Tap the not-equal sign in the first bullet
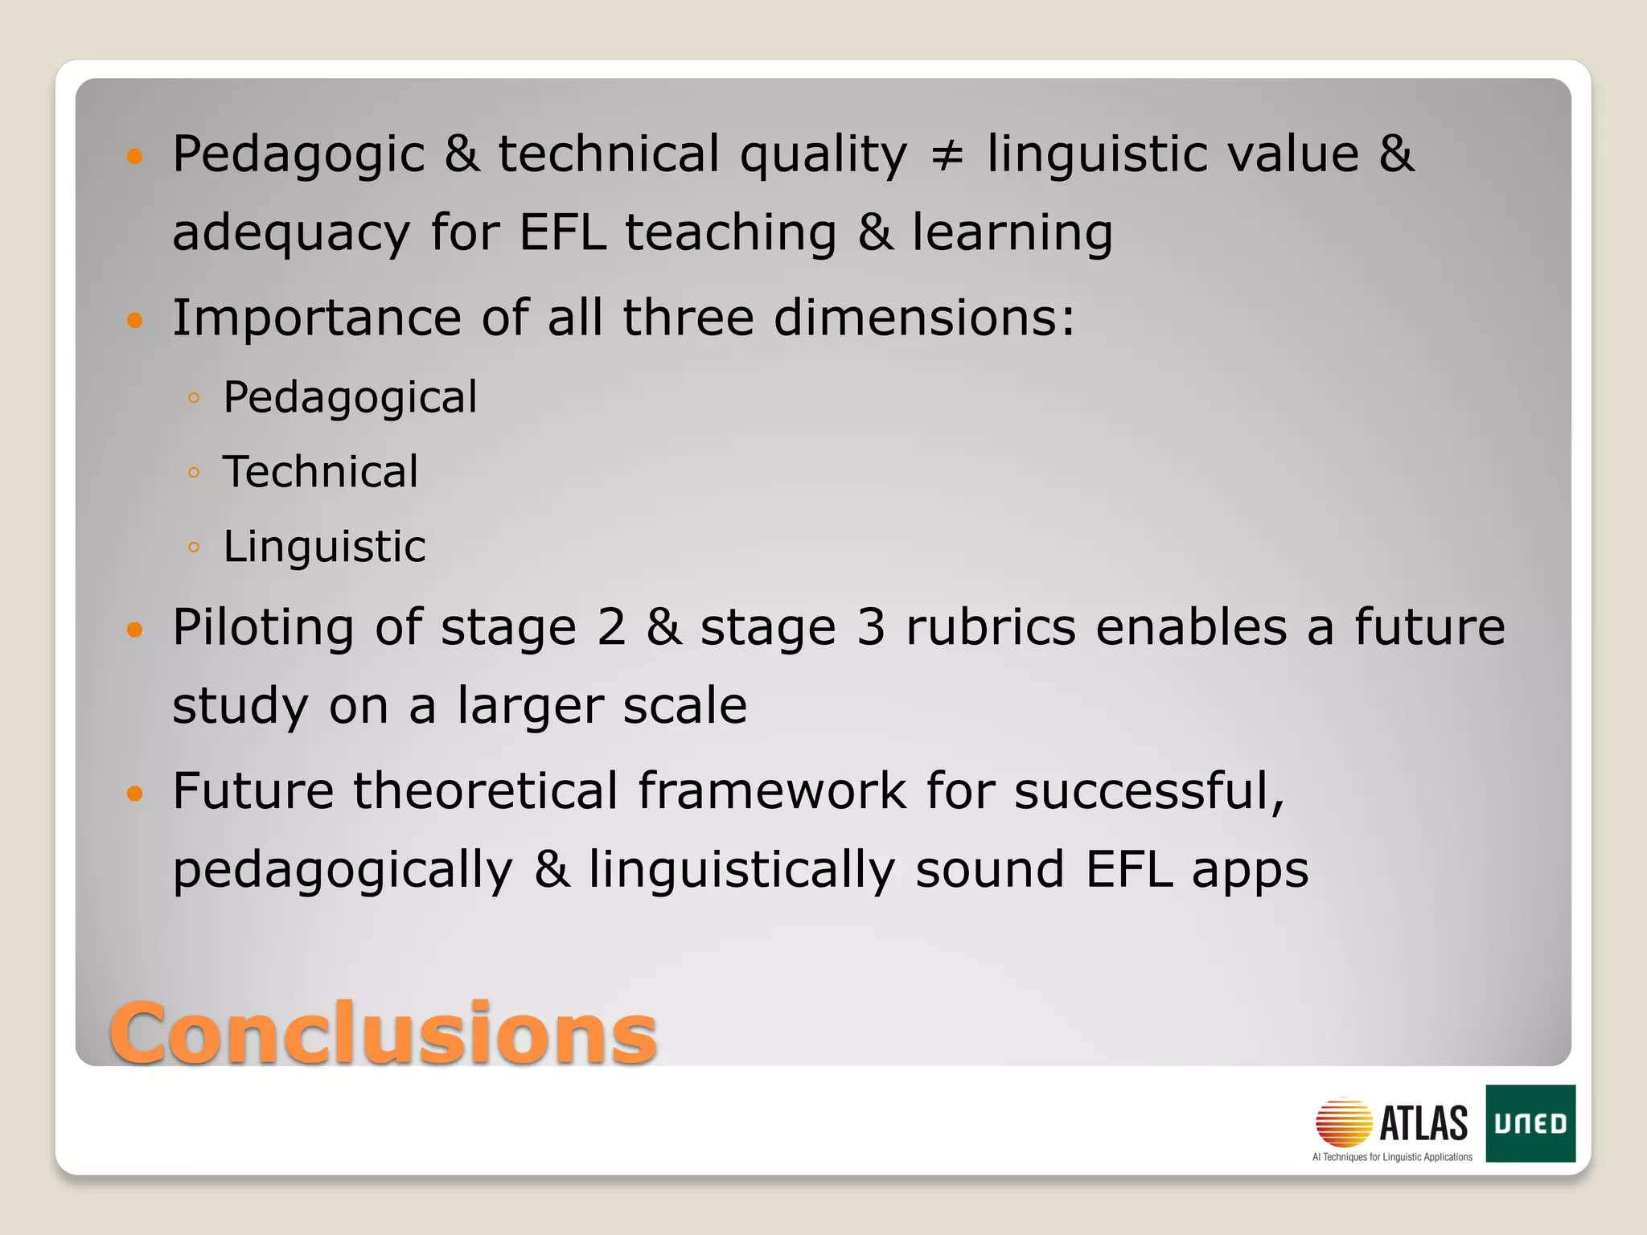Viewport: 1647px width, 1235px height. [x=947, y=155]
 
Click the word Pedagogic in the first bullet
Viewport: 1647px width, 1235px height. [x=298, y=155]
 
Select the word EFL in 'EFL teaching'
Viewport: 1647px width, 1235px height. [x=562, y=233]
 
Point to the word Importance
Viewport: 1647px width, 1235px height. [x=316, y=318]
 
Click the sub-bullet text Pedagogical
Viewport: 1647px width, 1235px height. [x=350, y=398]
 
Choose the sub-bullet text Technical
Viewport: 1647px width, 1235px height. [x=320, y=472]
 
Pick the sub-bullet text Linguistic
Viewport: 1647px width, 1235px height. [x=324, y=547]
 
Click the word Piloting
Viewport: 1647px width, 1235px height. [x=263, y=629]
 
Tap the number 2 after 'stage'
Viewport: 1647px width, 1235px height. [x=611, y=628]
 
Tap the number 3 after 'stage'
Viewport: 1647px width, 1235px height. [x=871, y=628]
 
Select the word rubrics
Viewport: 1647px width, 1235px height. [x=991, y=628]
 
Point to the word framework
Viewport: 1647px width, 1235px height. [x=772, y=791]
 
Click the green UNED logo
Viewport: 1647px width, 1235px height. [x=1530, y=1123]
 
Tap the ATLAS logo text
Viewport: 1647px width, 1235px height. [x=1423, y=1123]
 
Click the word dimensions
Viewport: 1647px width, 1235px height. [x=924, y=318]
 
